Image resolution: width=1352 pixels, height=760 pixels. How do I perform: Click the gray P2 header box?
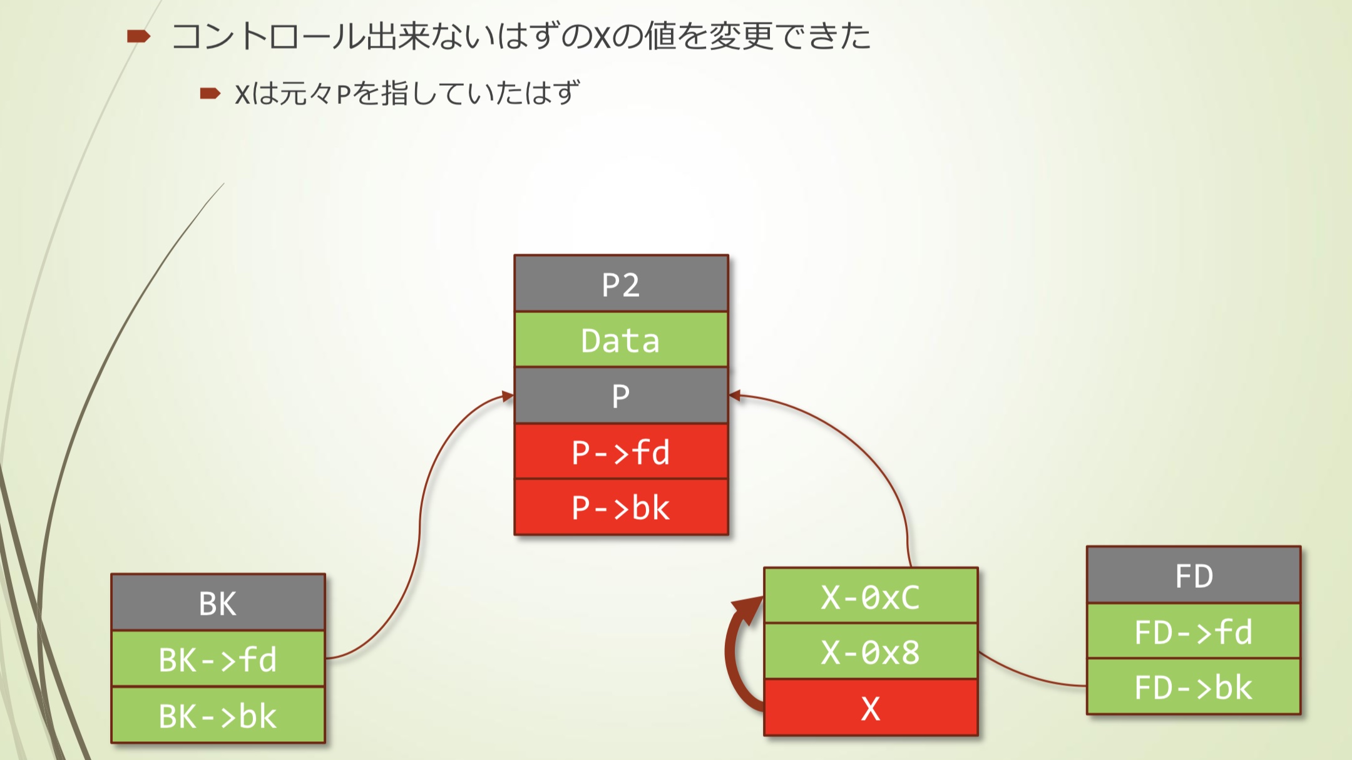621,284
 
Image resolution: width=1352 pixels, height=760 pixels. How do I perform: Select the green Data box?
621,339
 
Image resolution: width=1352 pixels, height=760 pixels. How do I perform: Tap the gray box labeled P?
621,395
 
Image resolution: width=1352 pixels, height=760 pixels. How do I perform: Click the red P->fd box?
621,451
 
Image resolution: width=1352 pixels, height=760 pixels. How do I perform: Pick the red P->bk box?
621,507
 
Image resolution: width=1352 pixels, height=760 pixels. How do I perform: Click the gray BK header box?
218,603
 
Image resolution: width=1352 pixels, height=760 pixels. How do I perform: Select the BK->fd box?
218,659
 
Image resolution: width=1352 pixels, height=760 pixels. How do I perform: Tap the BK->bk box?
218,715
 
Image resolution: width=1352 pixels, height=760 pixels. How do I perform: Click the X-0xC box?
871,596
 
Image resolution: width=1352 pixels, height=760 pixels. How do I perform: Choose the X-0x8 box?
871,651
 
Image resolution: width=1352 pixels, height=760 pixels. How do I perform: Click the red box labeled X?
871,707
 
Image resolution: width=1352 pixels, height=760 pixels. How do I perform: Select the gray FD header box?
1194,575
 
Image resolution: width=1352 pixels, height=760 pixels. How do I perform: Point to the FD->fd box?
1194,631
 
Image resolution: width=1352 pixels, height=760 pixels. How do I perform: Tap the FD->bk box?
1194,686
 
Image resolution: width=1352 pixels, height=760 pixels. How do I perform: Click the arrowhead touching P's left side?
508,396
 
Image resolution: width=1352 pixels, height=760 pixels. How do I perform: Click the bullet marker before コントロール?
138,36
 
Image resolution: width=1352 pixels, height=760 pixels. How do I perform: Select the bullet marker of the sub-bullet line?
210,94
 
